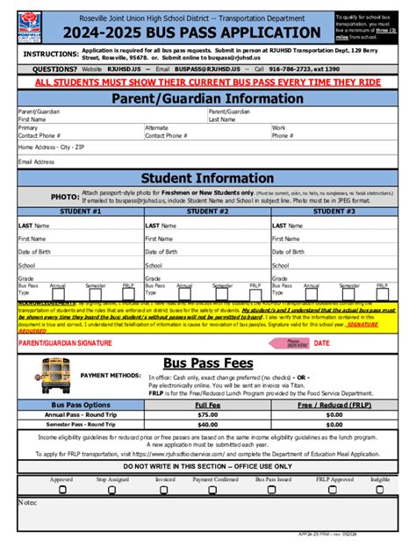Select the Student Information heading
207,179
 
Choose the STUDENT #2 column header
207,212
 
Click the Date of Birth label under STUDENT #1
35,251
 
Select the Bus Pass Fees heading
207,363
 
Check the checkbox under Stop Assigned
112,491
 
